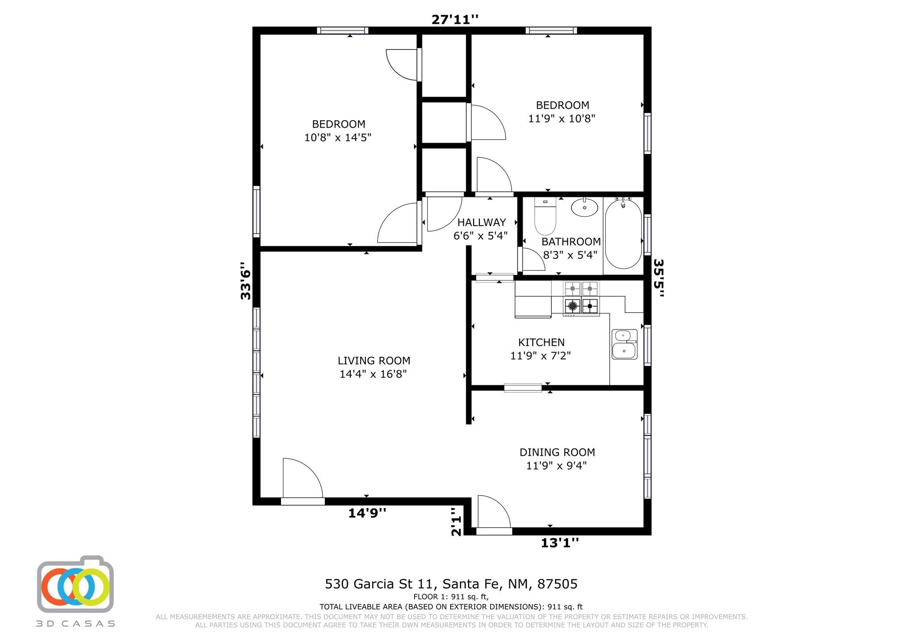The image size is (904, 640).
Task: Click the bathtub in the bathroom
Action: tap(623, 234)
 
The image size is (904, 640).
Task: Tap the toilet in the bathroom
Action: tap(545, 216)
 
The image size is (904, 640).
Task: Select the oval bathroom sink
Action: tap(584, 207)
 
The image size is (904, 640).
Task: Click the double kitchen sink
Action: tap(624, 344)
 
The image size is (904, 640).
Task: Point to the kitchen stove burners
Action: tap(581, 297)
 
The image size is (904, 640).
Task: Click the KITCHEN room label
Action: tap(541, 342)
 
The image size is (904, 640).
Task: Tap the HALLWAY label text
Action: tap(481, 222)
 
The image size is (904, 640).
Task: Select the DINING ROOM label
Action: tap(557, 452)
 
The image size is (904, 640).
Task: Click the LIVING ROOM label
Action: tap(374, 361)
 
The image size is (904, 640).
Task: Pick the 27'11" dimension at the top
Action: tap(455, 19)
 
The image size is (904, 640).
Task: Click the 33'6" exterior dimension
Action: tap(245, 281)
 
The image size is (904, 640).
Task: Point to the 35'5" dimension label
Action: tap(659, 278)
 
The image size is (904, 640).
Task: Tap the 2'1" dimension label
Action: tap(456, 521)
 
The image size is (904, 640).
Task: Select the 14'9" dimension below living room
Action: tap(367, 513)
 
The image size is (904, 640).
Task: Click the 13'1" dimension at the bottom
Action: tap(560, 542)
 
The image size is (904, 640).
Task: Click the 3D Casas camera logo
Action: tap(75, 584)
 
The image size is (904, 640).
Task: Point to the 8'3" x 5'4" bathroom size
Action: tap(570, 255)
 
